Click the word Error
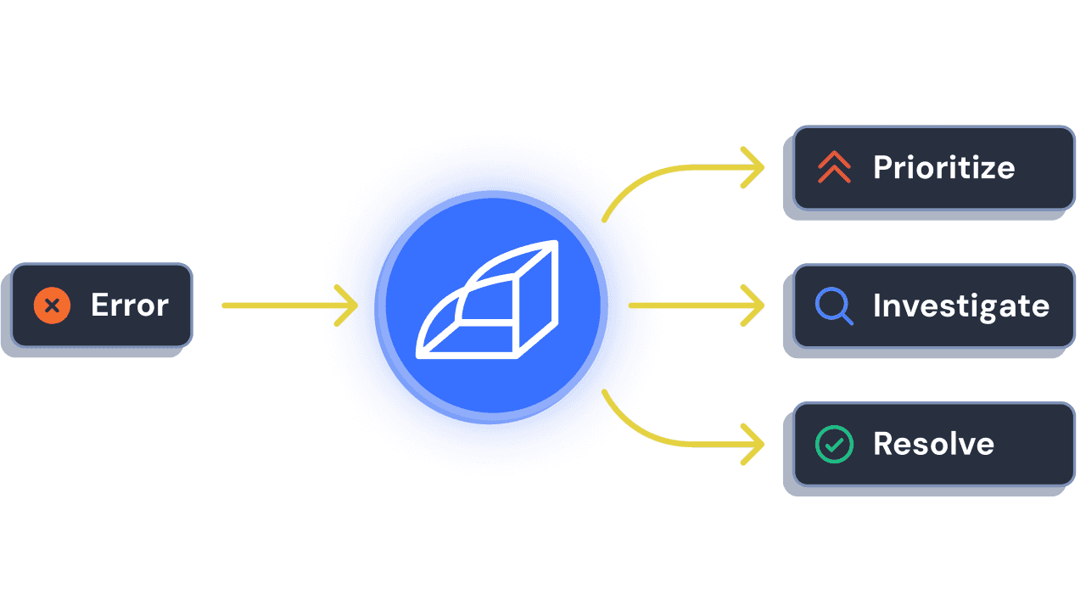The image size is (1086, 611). click(x=130, y=305)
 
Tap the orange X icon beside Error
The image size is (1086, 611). click(x=52, y=305)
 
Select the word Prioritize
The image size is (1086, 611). click(x=943, y=167)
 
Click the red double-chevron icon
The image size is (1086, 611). click(x=834, y=167)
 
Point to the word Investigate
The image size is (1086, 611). click(x=960, y=305)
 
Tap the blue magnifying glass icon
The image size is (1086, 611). click(x=834, y=305)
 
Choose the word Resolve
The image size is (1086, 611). click(x=933, y=444)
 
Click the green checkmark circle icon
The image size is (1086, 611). click(x=834, y=444)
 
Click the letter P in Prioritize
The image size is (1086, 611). click(x=882, y=167)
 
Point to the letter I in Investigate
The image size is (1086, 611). click(x=877, y=305)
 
